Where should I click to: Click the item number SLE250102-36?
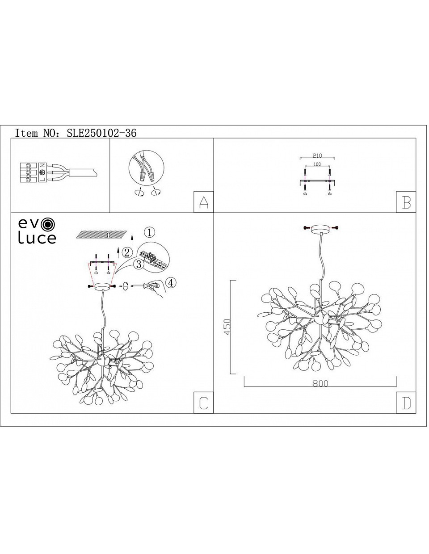tap(101, 133)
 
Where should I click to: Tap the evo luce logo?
tap(37, 231)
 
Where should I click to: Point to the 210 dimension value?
tap(317, 155)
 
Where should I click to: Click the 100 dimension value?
tap(317, 164)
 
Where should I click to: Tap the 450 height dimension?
tap(227, 327)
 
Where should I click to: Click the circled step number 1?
tap(149, 232)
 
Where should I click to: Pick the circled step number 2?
tap(127, 252)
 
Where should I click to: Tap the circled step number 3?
tap(139, 264)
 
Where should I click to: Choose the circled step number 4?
tap(171, 283)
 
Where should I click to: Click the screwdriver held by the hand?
tap(143, 285)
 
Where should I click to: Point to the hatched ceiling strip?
tap(101, 234)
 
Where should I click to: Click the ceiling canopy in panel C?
tap(103, 286)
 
